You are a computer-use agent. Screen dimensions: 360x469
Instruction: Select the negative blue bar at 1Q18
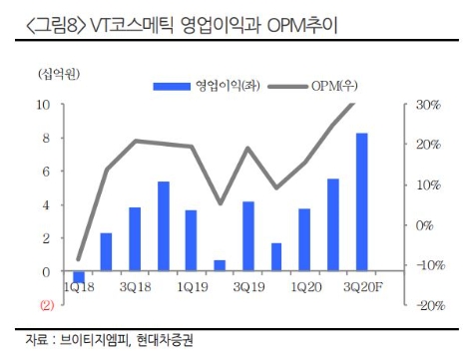point(78,277)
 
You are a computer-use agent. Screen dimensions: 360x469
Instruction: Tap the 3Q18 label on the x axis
point(134,287)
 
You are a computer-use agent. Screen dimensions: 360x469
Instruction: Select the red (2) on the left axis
point(45,305)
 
